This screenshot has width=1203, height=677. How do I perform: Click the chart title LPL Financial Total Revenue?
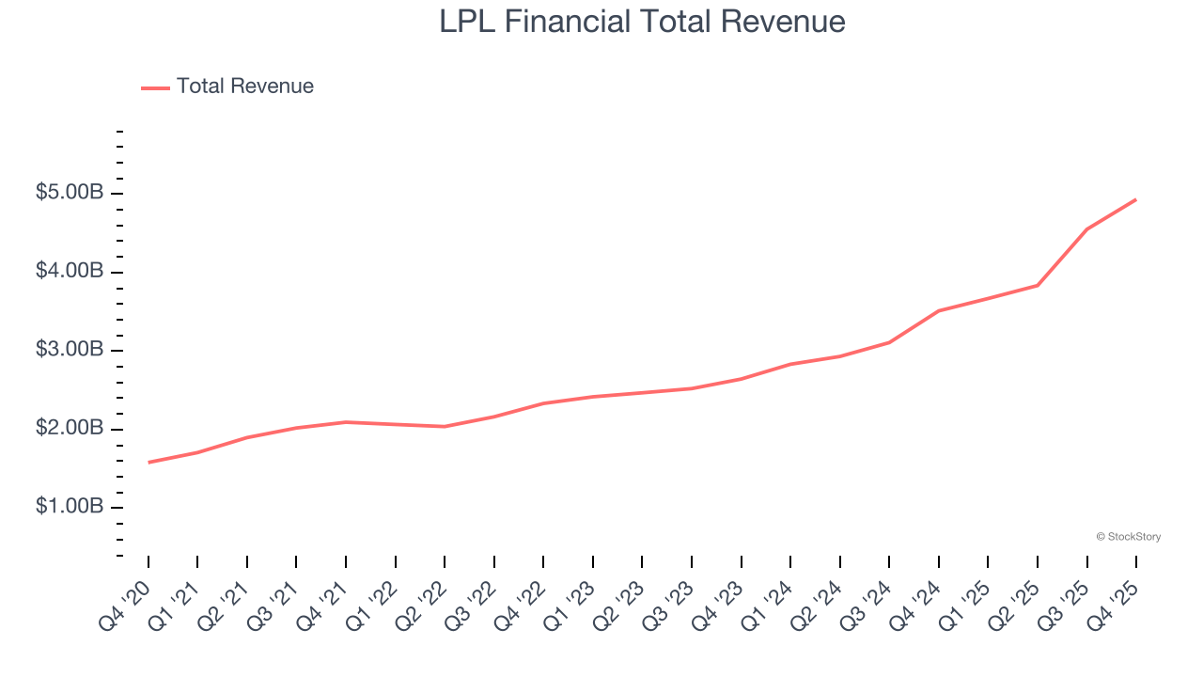[x=642, y=22]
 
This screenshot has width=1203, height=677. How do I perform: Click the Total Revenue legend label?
[x=244, y=87]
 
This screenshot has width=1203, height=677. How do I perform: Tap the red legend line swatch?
[x=155, y=87]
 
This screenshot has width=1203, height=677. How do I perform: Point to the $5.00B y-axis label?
[x=70, y=193]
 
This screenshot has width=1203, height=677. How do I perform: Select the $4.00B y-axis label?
[x=70, y=272]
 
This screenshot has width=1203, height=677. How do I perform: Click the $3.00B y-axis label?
[x=70, y=350]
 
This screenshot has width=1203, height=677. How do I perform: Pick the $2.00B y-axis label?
[x=70, y=429]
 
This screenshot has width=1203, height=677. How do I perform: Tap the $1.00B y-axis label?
[x=70, y=507]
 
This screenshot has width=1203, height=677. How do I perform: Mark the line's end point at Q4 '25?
[x=1135, y=199]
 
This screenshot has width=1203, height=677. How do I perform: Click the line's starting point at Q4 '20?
[x=148, y=462]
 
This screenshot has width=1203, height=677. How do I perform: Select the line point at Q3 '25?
[x=1086, y=229]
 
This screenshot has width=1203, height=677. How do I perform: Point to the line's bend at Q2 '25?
[x=1038, y=285]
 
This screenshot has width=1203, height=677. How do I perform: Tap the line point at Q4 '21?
[x=346, y=422]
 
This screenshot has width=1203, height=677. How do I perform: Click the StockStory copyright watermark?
[x=1128, y=537]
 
